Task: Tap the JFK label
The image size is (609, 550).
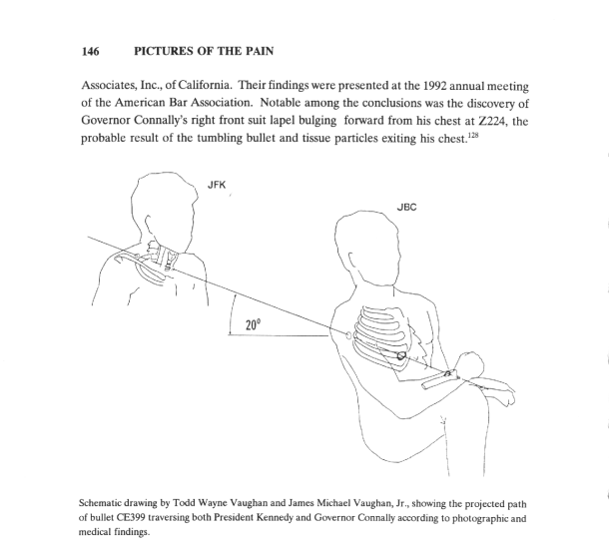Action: (216, 184)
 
